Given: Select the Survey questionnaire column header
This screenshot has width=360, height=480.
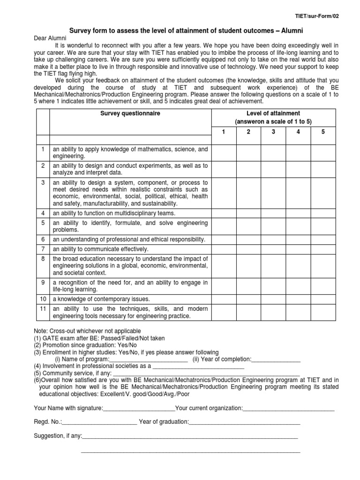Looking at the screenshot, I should coord(129,113).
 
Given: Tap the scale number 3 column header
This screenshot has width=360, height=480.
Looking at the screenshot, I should coord(273,131).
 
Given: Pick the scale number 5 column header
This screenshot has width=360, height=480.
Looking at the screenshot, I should coord(322,131).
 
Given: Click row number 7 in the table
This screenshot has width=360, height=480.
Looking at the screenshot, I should coord(43,249).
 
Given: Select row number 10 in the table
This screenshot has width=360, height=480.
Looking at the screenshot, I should coord(43,299).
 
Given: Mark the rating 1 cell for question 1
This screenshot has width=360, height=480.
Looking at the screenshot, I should coord(224,152).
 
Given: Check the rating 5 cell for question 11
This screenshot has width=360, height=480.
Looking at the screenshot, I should coord(322,313).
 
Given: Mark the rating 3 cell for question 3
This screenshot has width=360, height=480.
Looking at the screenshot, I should coord(273,193).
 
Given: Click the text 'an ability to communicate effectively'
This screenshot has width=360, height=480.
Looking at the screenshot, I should coord(100,249).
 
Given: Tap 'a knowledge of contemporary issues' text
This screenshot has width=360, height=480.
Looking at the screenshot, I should coord(101,299).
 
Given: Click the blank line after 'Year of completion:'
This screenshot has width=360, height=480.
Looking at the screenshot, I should coord(276,360).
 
